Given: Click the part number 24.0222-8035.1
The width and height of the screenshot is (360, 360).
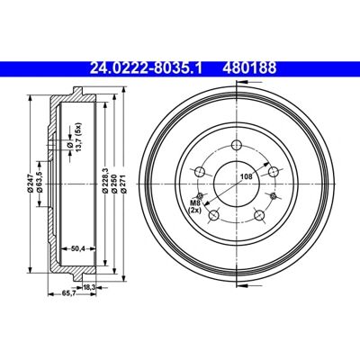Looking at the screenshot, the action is click(146, 68).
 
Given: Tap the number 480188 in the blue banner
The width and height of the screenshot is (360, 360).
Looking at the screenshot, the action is click(249, 68).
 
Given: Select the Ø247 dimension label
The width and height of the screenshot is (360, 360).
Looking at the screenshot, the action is click(30, 184).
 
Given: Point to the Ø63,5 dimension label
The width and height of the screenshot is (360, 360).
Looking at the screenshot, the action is click(40, 182).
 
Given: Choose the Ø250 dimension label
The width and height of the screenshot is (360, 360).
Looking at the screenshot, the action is click(113, 184).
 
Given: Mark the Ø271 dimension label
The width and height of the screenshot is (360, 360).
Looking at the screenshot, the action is click(123, 184).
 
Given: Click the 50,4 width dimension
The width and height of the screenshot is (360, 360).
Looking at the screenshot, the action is click(78, 248).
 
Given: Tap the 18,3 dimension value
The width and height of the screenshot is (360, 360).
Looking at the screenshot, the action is click(89, 287).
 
